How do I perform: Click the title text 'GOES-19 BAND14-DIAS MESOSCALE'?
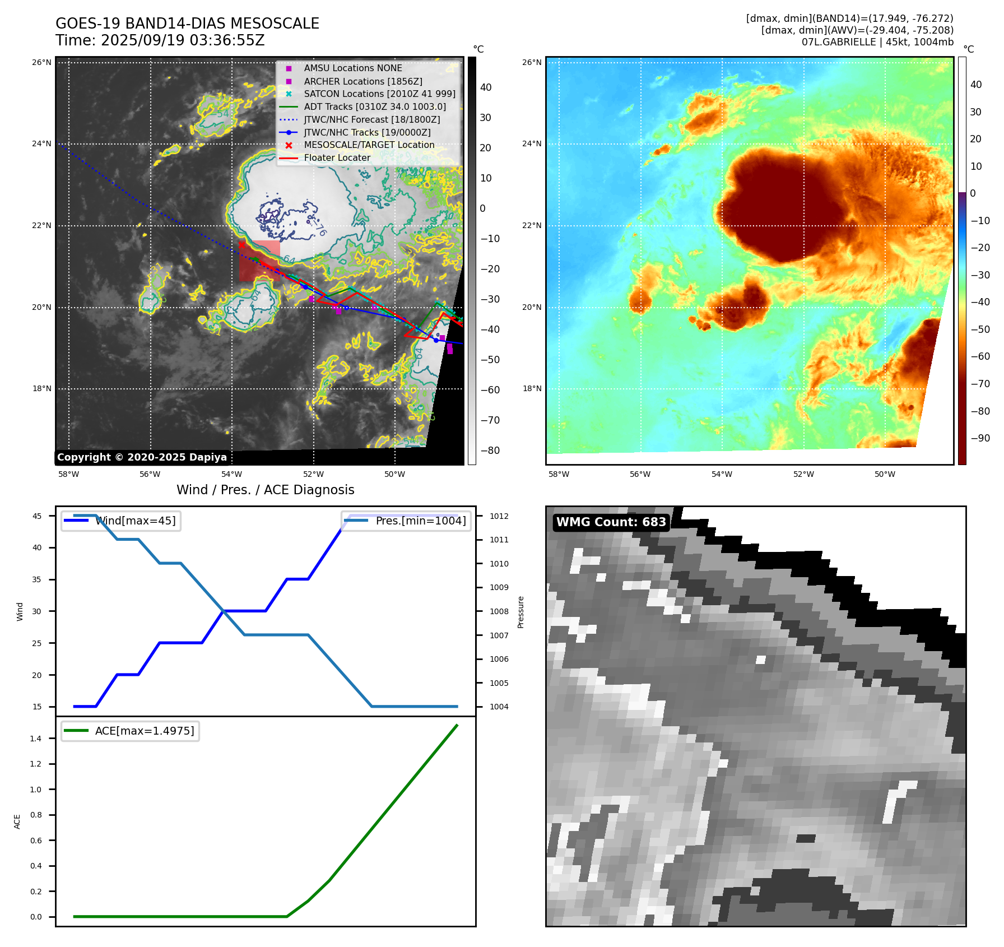click(187, 24)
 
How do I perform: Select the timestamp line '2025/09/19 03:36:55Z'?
click(183, 41)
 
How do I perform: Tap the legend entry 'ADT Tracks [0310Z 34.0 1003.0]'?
click(375, 106)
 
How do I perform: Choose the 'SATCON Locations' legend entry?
click(379, 94)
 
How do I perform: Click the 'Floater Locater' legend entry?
click(337, 157)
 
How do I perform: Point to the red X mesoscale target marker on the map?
click(241, 244)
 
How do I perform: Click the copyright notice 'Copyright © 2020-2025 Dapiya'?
click(142, 457)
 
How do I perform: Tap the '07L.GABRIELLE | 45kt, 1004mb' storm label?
click(877, 42)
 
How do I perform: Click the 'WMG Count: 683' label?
click(611, 522)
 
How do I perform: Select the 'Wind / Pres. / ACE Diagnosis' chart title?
click(265, 490)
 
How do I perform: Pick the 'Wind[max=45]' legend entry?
click(135, 521)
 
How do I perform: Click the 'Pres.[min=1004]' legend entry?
click(420, 521)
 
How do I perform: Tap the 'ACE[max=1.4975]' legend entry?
click(145, 731)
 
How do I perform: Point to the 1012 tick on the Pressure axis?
click(499, 516)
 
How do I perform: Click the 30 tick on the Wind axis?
click(37, 611)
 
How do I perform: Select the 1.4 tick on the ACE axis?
click(36, 739)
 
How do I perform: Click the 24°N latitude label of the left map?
click(41, 144)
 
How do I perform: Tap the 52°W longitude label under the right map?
click(803, 474)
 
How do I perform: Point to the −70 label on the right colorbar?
click(980, 384)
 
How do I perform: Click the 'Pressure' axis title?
click(520, 612)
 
